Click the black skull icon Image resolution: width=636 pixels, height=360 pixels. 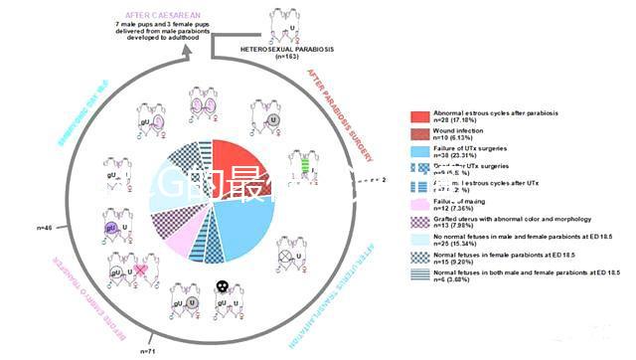click(x=226, y=286)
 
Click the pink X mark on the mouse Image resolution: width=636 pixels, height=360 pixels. click(x=142, y=270)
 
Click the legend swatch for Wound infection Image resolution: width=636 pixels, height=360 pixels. click(x=416, y=133)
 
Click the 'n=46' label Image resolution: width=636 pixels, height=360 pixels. click(x=45, y=229)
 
